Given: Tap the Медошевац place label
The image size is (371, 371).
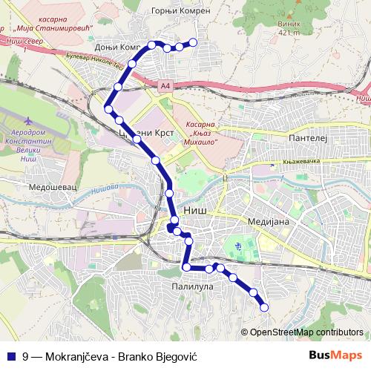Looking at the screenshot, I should [x=47, y=189].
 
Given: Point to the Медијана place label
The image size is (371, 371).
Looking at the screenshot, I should [x=272, y=221].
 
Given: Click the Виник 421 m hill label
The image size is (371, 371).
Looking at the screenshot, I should [x=288, y=27].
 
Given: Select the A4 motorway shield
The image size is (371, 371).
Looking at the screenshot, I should [x=164, y=86].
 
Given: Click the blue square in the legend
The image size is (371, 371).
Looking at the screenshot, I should [x=10, y=355].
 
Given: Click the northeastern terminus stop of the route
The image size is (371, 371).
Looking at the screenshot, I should [x=194, y=42].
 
